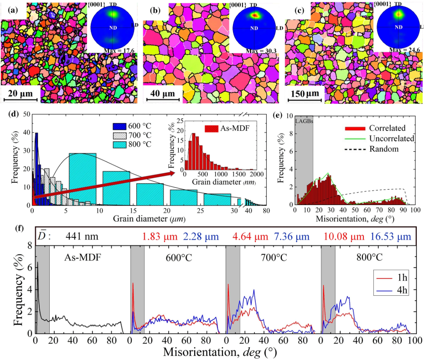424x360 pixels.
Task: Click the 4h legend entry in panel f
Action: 397,290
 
